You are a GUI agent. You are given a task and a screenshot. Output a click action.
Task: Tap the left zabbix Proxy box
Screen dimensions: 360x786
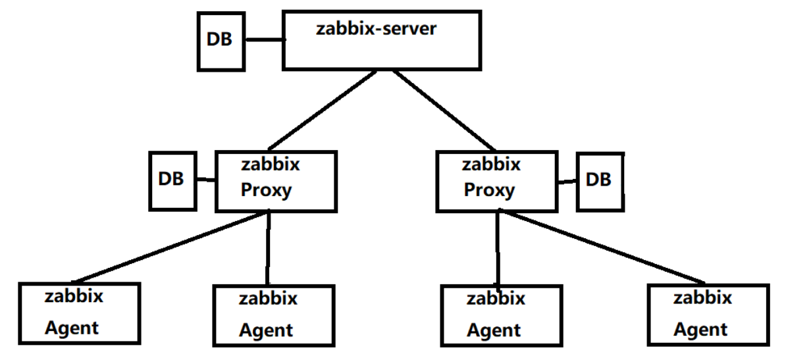pos(276,181)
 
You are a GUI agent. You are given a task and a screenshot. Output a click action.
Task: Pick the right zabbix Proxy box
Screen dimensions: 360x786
pos(498,181)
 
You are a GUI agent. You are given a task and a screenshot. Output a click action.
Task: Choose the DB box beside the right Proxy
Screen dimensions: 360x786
pos(599,181)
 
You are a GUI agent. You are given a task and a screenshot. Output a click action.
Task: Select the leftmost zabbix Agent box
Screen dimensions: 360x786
pos(80,313)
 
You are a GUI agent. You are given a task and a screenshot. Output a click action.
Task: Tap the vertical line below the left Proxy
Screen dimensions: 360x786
pos(269,247)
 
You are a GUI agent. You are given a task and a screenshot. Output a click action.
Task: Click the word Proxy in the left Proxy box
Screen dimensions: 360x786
pos(266,191)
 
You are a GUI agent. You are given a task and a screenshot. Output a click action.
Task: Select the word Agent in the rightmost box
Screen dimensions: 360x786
pos(700,328)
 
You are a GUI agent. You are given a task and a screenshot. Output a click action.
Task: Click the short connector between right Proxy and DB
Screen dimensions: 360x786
pos(567,180)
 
